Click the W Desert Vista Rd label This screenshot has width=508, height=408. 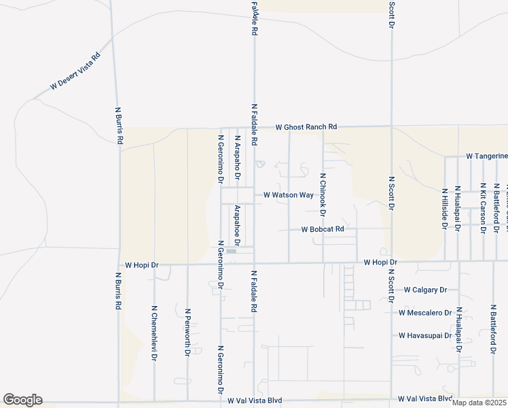tap(75, 71)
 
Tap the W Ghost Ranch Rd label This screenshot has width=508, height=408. tap(306, 127)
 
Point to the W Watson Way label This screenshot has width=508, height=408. tap(288, 195)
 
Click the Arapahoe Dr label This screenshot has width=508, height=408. tap(238, 225)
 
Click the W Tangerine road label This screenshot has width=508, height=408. tap(486, 156)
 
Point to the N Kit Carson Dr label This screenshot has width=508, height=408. tap(482, 208)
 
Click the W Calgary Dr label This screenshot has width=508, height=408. tap(425, 290)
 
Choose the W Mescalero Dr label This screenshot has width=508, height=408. tap(425, 313)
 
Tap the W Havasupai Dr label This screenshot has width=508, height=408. tap(425, 335)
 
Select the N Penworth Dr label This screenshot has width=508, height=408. tap(187, 333)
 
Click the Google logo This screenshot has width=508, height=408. tap(22, 400)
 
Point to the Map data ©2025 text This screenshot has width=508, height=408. tap(479, 403)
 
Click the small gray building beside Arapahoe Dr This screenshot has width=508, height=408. tap(232, 252)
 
